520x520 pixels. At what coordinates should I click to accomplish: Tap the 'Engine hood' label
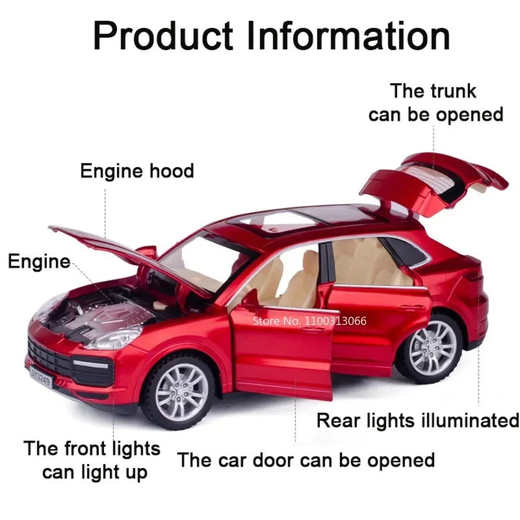click(137, 171)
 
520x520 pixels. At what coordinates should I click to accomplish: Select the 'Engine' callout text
click(39, 261)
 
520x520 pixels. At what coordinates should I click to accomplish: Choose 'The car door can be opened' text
click(306, 460)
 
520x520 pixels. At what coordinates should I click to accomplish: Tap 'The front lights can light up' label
click(92, 460)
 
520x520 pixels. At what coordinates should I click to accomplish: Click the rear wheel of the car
click(432, 347)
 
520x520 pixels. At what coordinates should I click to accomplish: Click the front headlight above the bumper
click(114, 337)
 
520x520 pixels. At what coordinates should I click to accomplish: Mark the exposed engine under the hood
click(99, 315)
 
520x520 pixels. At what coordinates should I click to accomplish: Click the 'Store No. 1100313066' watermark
click(309, 320)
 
